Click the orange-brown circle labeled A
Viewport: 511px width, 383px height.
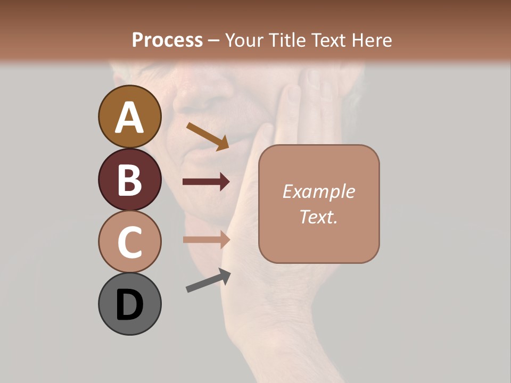point(129,116)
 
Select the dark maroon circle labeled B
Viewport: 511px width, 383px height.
point(129,179)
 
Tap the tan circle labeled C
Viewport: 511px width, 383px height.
point(129,242)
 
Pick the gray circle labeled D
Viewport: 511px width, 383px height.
point(129,304)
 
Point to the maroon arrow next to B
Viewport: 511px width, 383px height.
point(206,182)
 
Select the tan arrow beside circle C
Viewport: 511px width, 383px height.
point(206,239)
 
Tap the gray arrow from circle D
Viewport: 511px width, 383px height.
point(208,280)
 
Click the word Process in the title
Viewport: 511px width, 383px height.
point(167,40)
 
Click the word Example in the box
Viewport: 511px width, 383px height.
point(319,191)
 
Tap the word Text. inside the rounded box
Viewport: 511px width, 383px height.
point(319,217)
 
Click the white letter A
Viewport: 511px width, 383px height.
point(129,118)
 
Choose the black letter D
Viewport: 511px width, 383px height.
point(129,305)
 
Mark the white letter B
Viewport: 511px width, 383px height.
point(129,180)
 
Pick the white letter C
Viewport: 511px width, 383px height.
point(129,242)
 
